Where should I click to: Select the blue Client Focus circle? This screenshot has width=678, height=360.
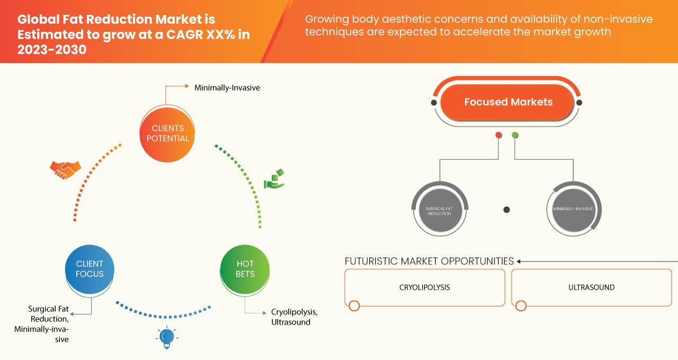point(90,269)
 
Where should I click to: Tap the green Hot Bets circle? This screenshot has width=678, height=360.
point(245,269)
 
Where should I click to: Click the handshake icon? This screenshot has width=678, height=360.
point(65,169)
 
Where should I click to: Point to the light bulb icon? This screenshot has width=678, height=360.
point(167,337)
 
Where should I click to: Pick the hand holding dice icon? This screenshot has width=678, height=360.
point(274,179)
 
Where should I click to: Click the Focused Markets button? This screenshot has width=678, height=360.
point(508,102)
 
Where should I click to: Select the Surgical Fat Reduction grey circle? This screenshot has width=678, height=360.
point(440,209)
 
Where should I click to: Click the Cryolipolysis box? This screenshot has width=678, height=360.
point(424,287)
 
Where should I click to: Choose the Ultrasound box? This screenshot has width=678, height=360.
point(591,287)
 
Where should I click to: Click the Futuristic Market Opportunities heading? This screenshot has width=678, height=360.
point(429,261)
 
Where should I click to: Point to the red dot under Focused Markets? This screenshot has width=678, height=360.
point(498,136)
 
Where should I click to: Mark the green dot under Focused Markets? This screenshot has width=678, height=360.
point(515,136)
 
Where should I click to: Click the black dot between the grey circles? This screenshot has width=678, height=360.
point(506,210)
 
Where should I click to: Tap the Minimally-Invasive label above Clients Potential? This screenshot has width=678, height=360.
point(227,88)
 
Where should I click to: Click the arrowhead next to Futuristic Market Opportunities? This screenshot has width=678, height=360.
point(520,261)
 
